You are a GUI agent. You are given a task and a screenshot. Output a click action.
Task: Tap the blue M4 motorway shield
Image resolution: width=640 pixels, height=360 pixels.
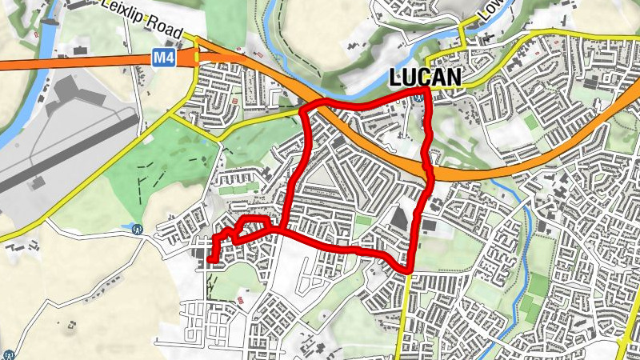(x=163, y=58)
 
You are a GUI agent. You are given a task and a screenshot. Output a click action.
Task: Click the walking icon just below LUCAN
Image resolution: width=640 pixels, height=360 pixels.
(x=419, y=97)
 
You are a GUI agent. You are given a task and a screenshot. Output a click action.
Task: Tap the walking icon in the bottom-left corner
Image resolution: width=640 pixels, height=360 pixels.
(x=8, y=354)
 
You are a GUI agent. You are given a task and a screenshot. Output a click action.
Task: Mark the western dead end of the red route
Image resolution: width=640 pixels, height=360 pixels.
(x=210, y=258)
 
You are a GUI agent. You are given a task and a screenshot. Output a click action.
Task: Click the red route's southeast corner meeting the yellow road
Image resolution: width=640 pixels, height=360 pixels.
(x=408, y=270)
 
